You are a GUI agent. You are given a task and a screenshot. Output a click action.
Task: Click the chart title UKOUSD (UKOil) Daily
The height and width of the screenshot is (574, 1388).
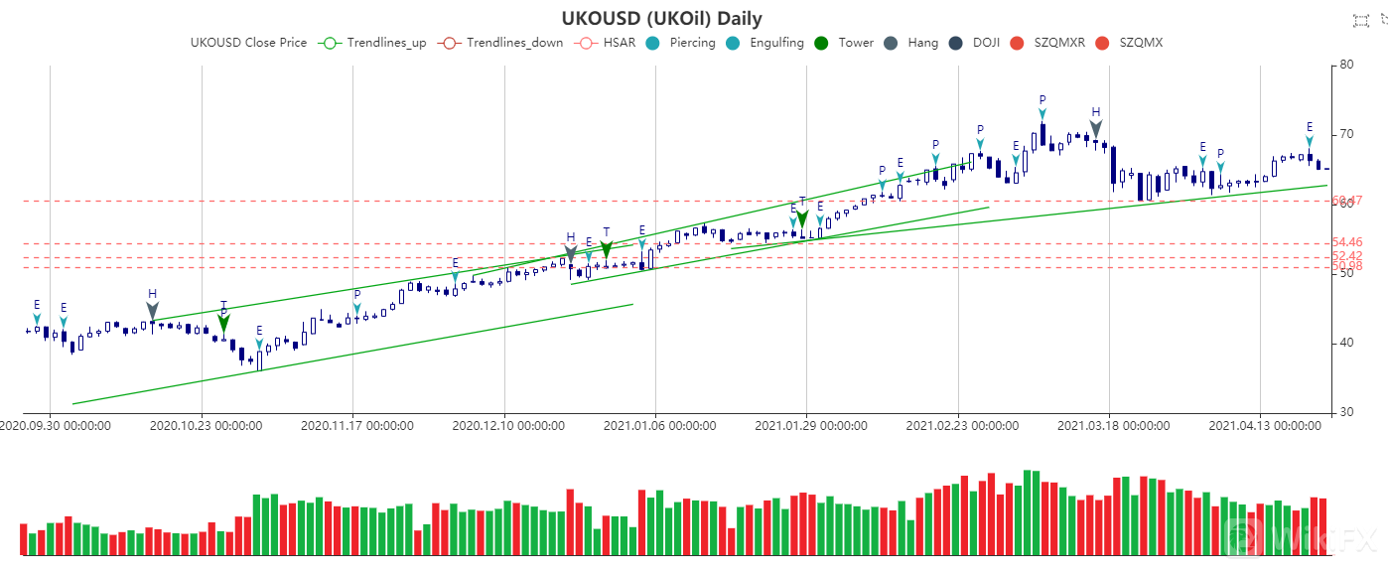tap(661, 19)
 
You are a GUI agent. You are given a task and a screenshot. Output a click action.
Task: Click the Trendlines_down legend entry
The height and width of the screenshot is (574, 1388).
tap(505, 43)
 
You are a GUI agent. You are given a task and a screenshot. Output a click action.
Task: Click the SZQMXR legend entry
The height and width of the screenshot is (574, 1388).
tap(1057, 43)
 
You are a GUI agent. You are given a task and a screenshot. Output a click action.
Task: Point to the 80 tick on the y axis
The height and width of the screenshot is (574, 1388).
tap(1347, 65)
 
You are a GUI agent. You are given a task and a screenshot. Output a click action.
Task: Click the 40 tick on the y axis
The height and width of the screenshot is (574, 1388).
tap(1347, 343)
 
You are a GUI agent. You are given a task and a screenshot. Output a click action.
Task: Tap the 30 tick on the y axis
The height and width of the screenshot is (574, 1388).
tap(1347, 412)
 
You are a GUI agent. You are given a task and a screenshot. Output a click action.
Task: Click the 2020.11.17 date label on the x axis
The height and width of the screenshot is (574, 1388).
tap(356, 426)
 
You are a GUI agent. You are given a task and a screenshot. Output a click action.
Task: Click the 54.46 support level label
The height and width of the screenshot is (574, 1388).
tap(1347, 242)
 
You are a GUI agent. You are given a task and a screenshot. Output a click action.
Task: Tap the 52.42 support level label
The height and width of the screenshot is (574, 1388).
tap(1347, 256)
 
